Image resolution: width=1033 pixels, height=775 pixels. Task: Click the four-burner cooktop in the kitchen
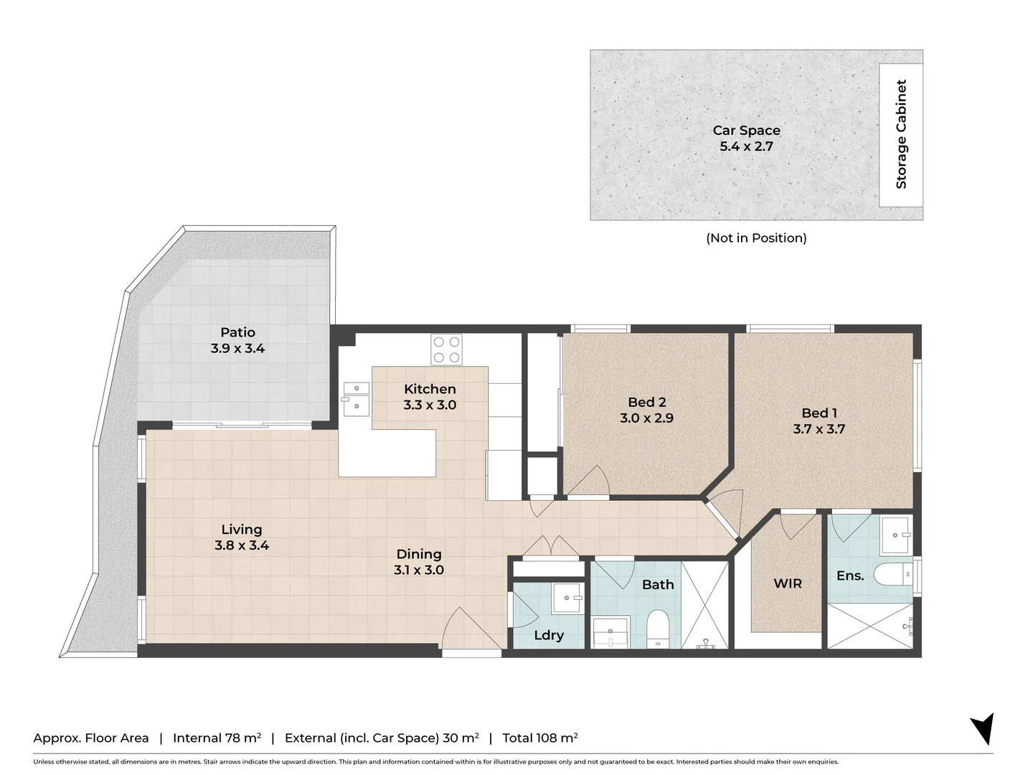446,349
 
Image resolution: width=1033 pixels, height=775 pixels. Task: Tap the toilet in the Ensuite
893,575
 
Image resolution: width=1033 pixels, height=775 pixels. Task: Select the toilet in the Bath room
657,629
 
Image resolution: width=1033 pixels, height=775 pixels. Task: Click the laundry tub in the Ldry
567,598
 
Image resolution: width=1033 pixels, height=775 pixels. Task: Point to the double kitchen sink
356,399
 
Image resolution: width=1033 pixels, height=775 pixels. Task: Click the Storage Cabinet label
901,135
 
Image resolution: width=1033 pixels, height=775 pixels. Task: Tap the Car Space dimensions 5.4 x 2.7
746,146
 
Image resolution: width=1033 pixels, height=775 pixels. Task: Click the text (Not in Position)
756,238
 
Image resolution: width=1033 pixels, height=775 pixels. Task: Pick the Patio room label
237,332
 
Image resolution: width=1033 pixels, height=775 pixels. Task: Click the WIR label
788,583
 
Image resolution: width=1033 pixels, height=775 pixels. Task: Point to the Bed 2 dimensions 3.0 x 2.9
646,418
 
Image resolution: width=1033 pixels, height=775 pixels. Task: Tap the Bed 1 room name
819,413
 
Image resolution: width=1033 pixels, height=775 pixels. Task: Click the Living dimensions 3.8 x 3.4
242,545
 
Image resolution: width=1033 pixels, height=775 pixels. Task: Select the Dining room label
419,554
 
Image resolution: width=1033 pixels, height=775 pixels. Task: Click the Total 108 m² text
539,738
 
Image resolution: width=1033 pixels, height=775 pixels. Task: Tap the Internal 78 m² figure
217,738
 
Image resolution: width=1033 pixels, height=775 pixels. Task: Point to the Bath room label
658,584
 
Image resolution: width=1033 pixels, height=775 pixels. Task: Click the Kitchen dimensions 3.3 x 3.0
430,405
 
